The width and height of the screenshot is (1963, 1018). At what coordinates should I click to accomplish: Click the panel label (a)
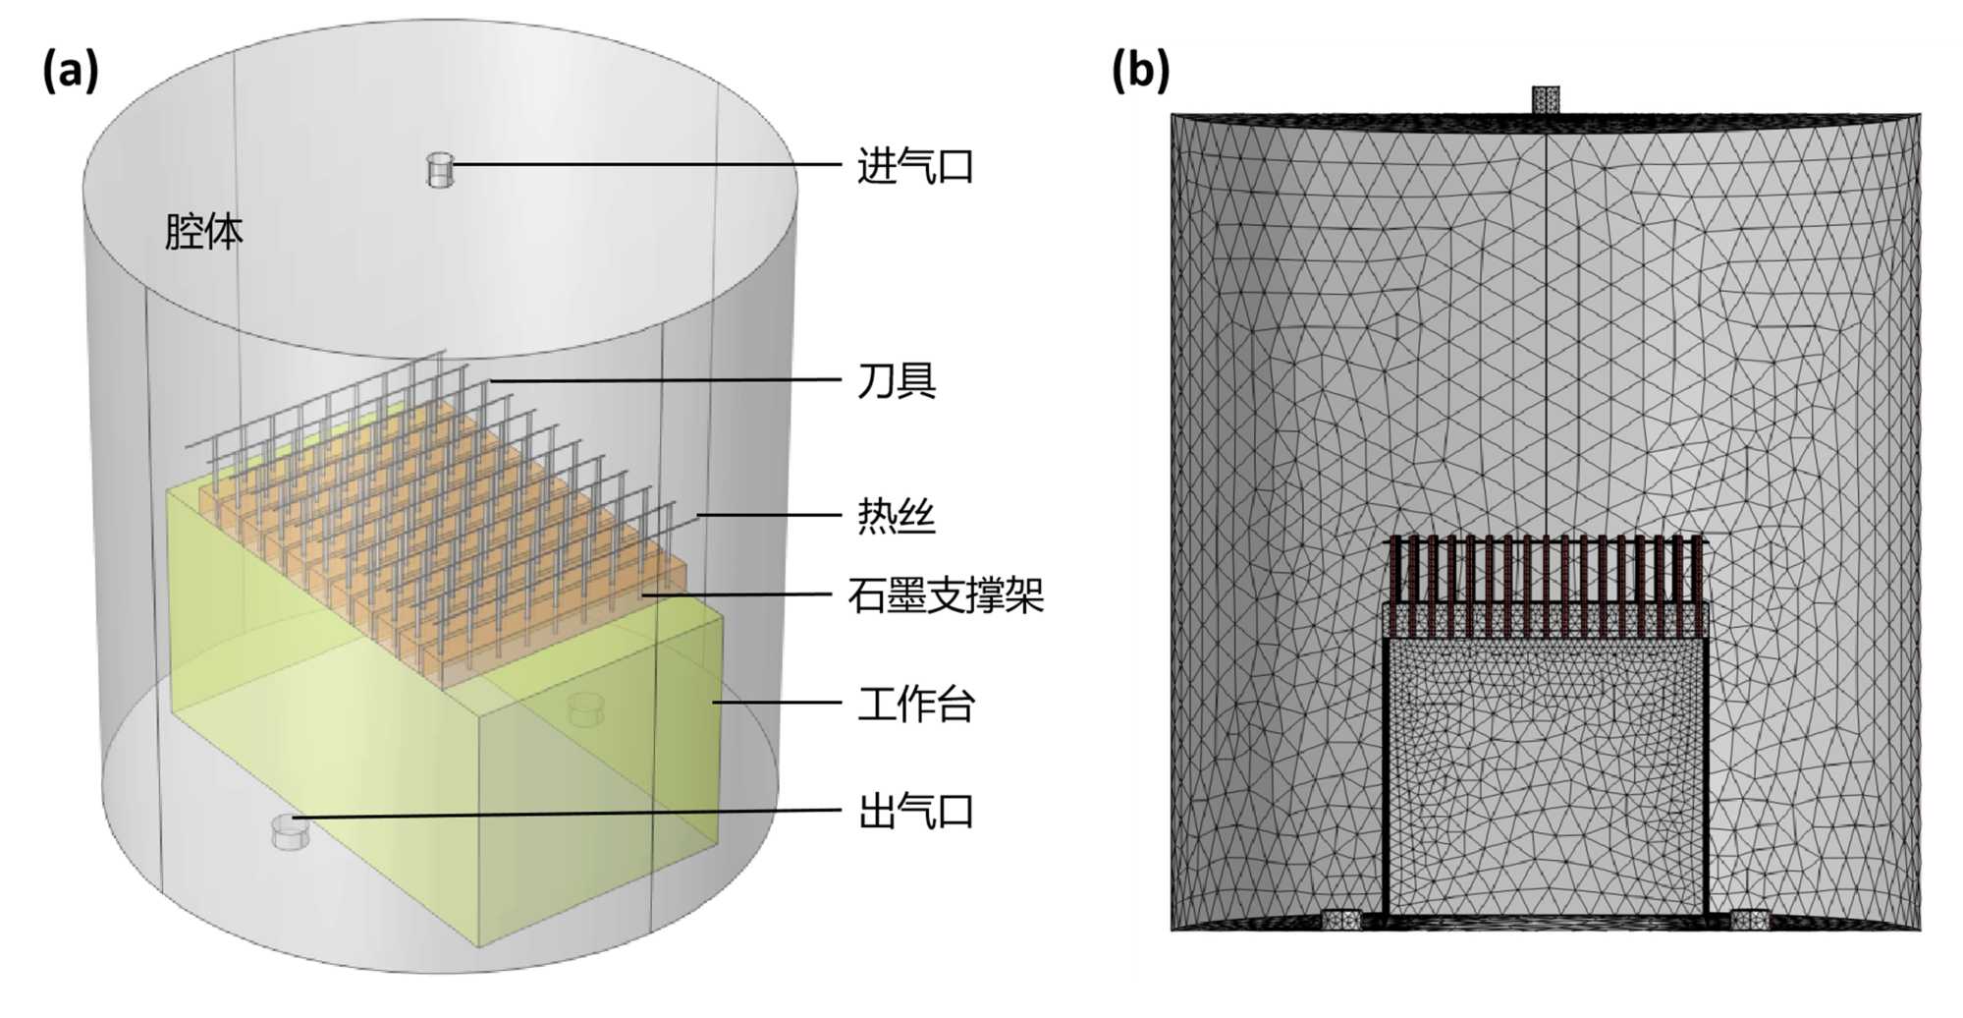70,71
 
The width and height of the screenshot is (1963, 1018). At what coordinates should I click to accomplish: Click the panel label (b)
1139,71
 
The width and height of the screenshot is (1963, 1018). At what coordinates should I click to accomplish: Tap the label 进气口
915,166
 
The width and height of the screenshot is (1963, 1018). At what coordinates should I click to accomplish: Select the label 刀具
897,380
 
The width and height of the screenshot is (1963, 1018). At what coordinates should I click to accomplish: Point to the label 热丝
897,516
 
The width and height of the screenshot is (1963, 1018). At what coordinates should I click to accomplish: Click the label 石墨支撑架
945,595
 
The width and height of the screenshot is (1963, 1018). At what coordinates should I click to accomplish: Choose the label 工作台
915,705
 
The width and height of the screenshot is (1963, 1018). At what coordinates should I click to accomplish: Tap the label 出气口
915,813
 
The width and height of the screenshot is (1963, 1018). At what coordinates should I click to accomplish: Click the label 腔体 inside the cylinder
203,232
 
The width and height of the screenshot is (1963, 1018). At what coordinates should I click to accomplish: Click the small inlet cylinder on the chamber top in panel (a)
440,169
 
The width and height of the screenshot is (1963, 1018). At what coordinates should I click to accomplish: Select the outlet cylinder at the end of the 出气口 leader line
290,832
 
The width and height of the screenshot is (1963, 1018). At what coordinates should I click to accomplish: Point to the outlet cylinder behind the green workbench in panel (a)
586,707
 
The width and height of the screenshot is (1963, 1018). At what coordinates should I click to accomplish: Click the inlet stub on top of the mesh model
1545,100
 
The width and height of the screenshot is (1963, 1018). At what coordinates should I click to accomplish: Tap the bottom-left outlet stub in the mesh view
1340,920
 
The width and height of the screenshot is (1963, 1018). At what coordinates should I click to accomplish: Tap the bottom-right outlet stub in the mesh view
1749,920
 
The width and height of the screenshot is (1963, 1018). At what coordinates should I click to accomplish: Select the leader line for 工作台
776,703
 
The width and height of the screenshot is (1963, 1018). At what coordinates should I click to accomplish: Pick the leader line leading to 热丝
771,515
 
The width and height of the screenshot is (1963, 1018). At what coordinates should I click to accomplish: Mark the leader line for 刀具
668,379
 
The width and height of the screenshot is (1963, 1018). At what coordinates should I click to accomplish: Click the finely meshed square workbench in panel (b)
1546,776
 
